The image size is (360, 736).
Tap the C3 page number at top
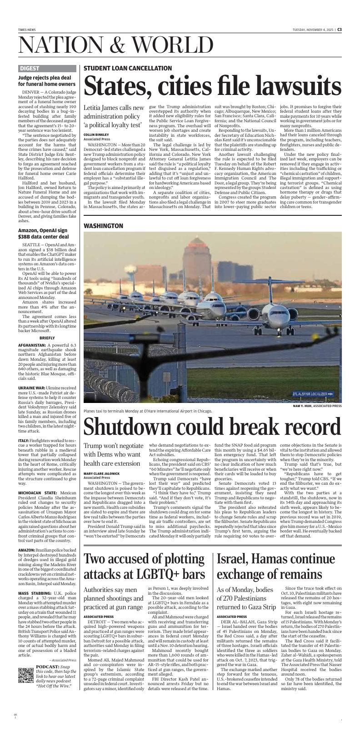click(x=339, y=30)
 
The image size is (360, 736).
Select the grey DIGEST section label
click(x=30, y=69)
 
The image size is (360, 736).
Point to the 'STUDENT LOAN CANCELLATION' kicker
click(x=128, y=68)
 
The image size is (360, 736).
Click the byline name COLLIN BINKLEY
click(x=96, y=135)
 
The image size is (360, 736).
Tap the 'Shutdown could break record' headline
click(x=212, y=426)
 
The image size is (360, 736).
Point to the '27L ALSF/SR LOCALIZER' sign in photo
click(x=313, y=393)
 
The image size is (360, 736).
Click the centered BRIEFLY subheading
click(x=47, y=338)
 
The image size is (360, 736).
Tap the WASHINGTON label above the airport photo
click(x=103, y=226)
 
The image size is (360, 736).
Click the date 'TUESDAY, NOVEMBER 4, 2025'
click(x=313, y=30)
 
